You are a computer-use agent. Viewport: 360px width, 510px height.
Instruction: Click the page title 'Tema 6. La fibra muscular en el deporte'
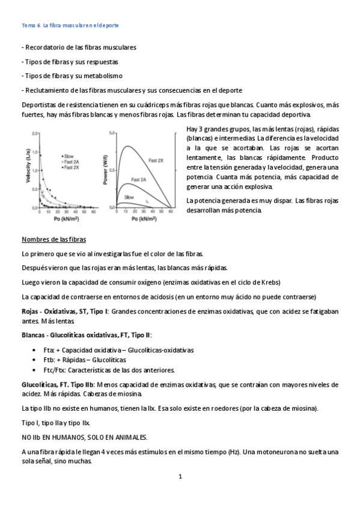[69, 26]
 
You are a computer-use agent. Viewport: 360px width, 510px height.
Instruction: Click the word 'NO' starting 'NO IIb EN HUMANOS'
[26, 437]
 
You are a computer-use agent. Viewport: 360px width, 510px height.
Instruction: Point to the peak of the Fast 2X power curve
[127, 146]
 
